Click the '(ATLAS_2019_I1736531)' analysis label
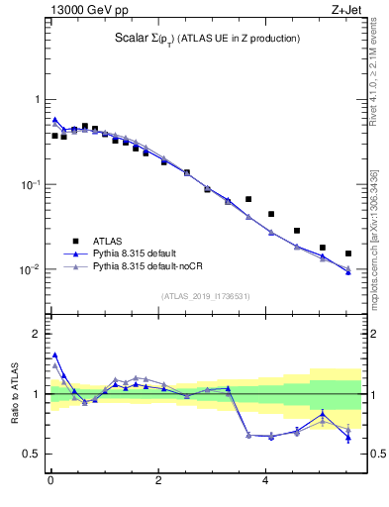click(x=205, y=296)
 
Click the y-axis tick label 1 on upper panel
click(x=37, y=100)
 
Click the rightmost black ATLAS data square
click(x=348, y=253)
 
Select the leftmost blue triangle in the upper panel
click(x=55, y=120)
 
